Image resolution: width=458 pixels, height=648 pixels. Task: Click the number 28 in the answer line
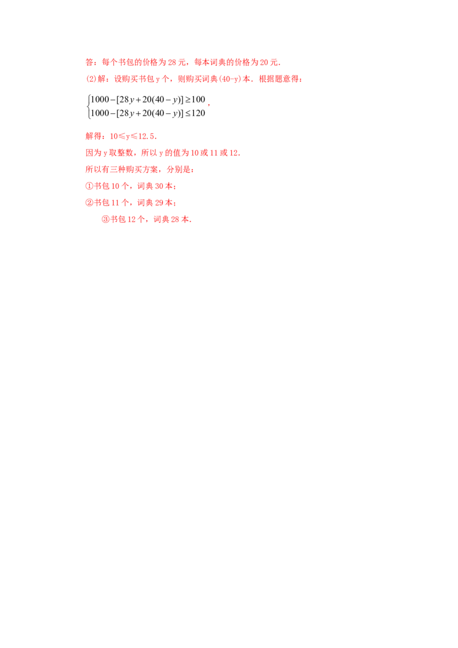pos(172,62)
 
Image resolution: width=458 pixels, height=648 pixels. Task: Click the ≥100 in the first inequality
pos(195,100)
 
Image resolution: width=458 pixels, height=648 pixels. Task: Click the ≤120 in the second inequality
pos(195,113)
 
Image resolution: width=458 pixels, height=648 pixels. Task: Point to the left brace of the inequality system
pos(88,106)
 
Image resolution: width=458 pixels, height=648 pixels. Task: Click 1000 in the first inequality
pos(100,100)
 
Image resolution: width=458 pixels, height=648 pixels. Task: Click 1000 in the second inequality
pos(100,113)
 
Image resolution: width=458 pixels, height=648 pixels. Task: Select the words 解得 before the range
pos(93,136)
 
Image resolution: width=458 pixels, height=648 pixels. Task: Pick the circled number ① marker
pos(89,186)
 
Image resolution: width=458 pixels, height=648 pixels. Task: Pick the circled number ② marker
pos(89,203)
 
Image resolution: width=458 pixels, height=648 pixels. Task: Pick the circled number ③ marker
pos(105,219)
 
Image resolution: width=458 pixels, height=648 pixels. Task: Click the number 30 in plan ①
pos(159,187)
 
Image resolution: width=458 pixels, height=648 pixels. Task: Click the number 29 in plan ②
pos(159,203)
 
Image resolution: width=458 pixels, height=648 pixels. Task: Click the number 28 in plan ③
pos(175,219)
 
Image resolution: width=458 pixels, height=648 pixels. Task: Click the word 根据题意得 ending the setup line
pos(279,79)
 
